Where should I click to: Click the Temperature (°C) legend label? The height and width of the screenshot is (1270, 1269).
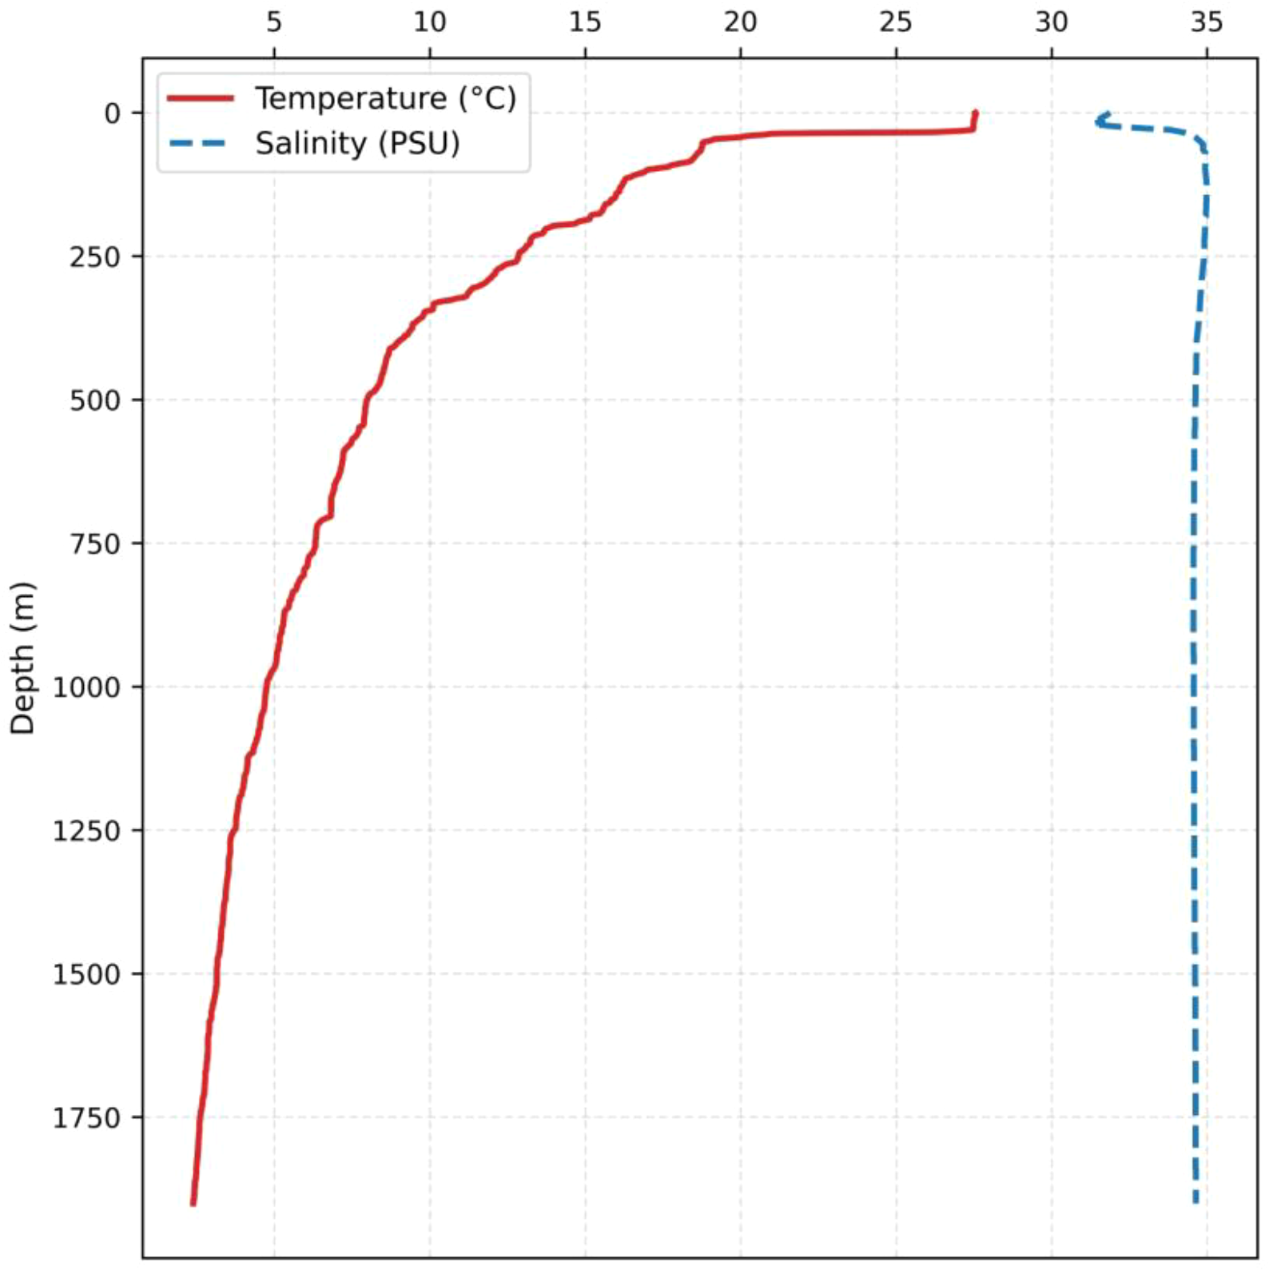pos(385,98)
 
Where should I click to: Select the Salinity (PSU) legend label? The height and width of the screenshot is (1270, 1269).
pos(357,144)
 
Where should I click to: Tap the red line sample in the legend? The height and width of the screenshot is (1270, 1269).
pos(201,98)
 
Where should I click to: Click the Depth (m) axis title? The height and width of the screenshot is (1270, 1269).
pos(22,658)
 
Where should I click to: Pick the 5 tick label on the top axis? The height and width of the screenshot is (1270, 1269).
pos(274,22)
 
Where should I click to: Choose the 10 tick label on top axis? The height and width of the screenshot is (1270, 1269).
pos(429,22)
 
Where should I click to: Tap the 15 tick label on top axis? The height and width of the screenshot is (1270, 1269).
pos(585,22)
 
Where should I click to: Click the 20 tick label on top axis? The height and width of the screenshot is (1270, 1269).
pos(740,22)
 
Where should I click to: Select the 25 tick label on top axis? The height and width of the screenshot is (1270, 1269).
pos(896,22)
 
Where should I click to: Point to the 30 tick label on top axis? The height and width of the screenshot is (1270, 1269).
pos(1051,22)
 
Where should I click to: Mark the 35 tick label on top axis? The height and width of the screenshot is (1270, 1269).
pos(1207,22)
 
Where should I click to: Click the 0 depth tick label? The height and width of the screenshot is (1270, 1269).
pos(112,113)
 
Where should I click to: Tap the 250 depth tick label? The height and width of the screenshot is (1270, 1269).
pos(95,257)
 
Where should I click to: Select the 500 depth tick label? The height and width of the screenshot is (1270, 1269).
pos(95,400)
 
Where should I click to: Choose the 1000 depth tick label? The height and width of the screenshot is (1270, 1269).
pos(86,687)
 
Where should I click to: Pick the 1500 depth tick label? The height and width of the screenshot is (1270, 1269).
pos(86,974)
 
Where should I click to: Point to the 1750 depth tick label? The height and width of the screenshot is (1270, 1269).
pos(86,1118)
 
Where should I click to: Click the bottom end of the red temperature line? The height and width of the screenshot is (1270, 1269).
pos(193,1203)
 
